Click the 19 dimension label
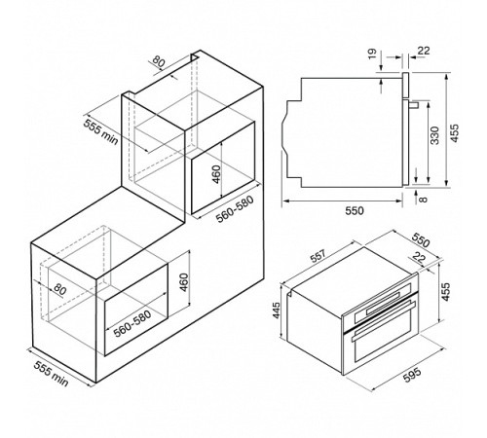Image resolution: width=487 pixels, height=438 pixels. (372, 53)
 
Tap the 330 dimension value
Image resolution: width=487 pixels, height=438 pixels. (434, 135)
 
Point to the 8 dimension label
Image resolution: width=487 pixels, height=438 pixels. (423, 199)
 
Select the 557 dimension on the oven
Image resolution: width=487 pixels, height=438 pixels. (318, 256)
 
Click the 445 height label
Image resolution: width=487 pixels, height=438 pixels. (276, 310)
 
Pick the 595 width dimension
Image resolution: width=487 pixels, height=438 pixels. (412, 376)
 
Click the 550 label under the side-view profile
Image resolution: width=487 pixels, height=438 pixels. (355, 211)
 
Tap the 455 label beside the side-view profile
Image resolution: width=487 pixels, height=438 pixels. (455, 132)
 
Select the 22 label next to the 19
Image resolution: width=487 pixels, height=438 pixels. (424, 51)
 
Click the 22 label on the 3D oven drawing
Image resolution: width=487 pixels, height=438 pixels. (419, 258)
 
